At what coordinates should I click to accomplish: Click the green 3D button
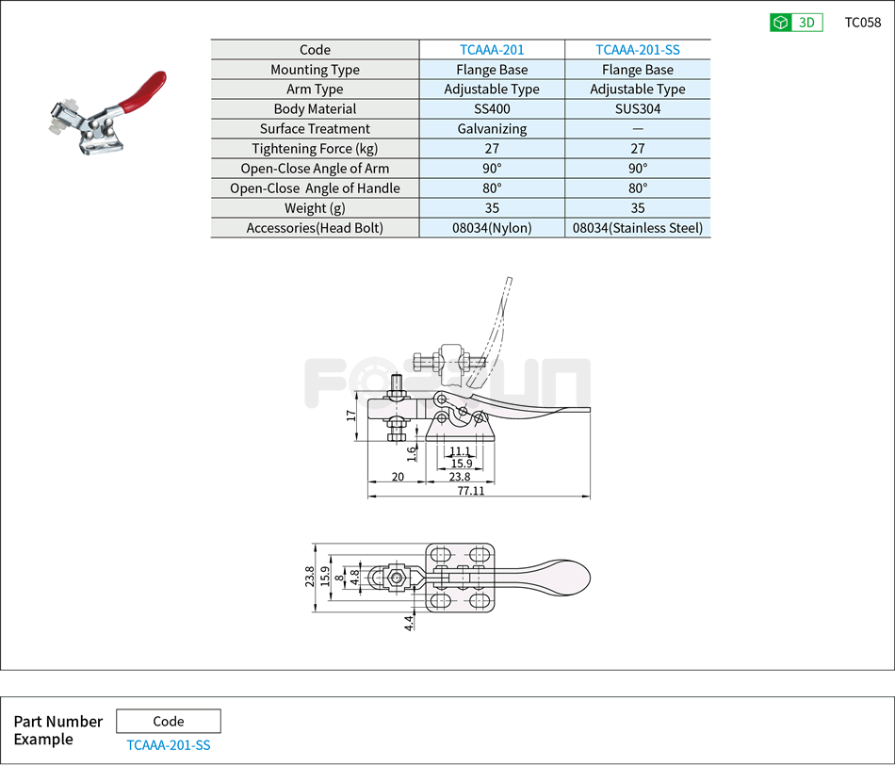point(796,23)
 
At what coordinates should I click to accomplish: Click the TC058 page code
point(862,23)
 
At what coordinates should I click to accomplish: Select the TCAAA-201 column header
point(492,50)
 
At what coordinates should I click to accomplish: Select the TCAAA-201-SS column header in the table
point(638,50)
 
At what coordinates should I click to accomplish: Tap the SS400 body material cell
point(492,109)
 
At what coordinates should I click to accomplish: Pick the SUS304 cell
point(638,109)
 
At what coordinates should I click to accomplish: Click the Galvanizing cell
point(492,129)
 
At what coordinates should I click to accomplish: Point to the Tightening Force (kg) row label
point(315,149)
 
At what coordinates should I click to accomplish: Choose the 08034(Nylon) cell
point(492,228)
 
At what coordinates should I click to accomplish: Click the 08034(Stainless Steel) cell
point(638,228)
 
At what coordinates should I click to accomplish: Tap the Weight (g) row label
point(315,208)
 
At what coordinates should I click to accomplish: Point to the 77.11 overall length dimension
point(471,491)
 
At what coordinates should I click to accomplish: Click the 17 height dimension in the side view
point(351,414)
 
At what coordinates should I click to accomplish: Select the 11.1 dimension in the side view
point(459,452)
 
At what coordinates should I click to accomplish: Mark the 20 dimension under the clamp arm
point(397,477)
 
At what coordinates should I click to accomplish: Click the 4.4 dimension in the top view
point(408,623)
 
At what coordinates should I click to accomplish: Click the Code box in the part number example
point(168,721)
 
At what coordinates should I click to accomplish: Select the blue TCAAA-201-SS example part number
point(168,745)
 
